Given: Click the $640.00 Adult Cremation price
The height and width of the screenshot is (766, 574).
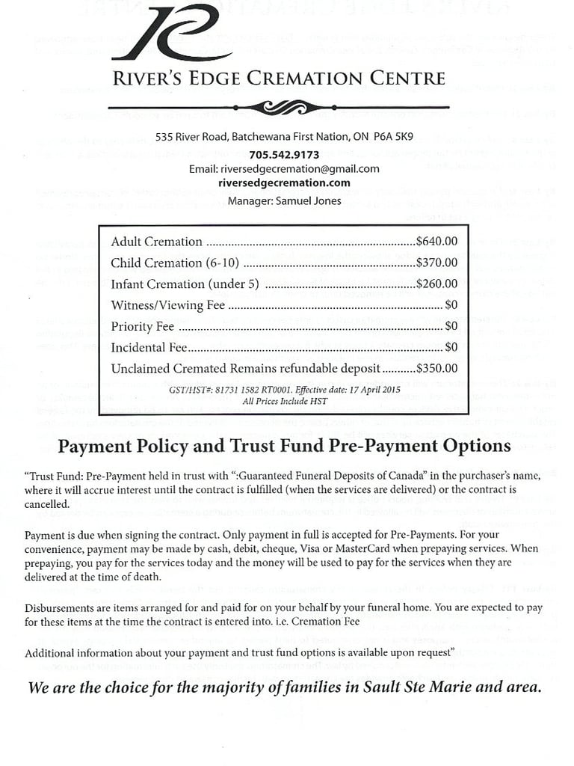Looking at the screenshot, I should pyautogui.click(x=436, y=242).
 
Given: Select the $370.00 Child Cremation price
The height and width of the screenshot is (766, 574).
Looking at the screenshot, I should pyautogui.click(x=436, y=263).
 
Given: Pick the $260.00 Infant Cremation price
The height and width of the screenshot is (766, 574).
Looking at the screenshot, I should pyautogui.click(x=436, y=284).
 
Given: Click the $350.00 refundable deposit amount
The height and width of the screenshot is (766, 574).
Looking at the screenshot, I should pyautogui.click(x=436, y=369).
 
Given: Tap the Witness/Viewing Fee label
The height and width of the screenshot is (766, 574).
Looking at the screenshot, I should pyautogui.click(x=167, y=305).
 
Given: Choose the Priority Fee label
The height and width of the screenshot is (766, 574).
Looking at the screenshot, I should pyautogui.click(x=142, y=327).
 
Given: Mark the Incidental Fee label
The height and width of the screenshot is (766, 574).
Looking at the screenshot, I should pyautogui.click(x=149, y=348).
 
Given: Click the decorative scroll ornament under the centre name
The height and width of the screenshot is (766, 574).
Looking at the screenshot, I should pyautogui.click(x=279, y=108).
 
